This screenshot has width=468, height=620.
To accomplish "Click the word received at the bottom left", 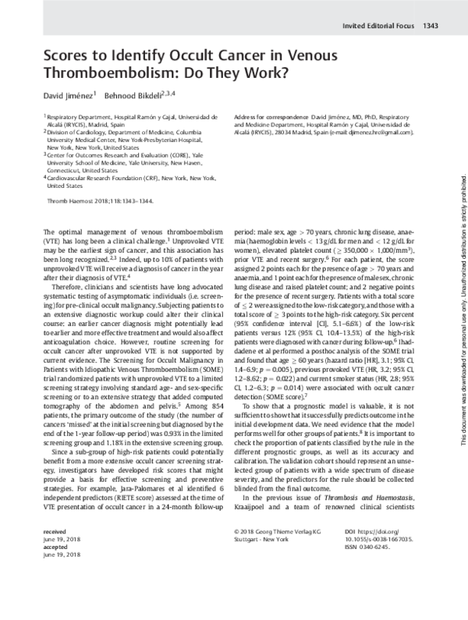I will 55,573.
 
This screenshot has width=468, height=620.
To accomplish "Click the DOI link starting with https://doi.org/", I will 390,573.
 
